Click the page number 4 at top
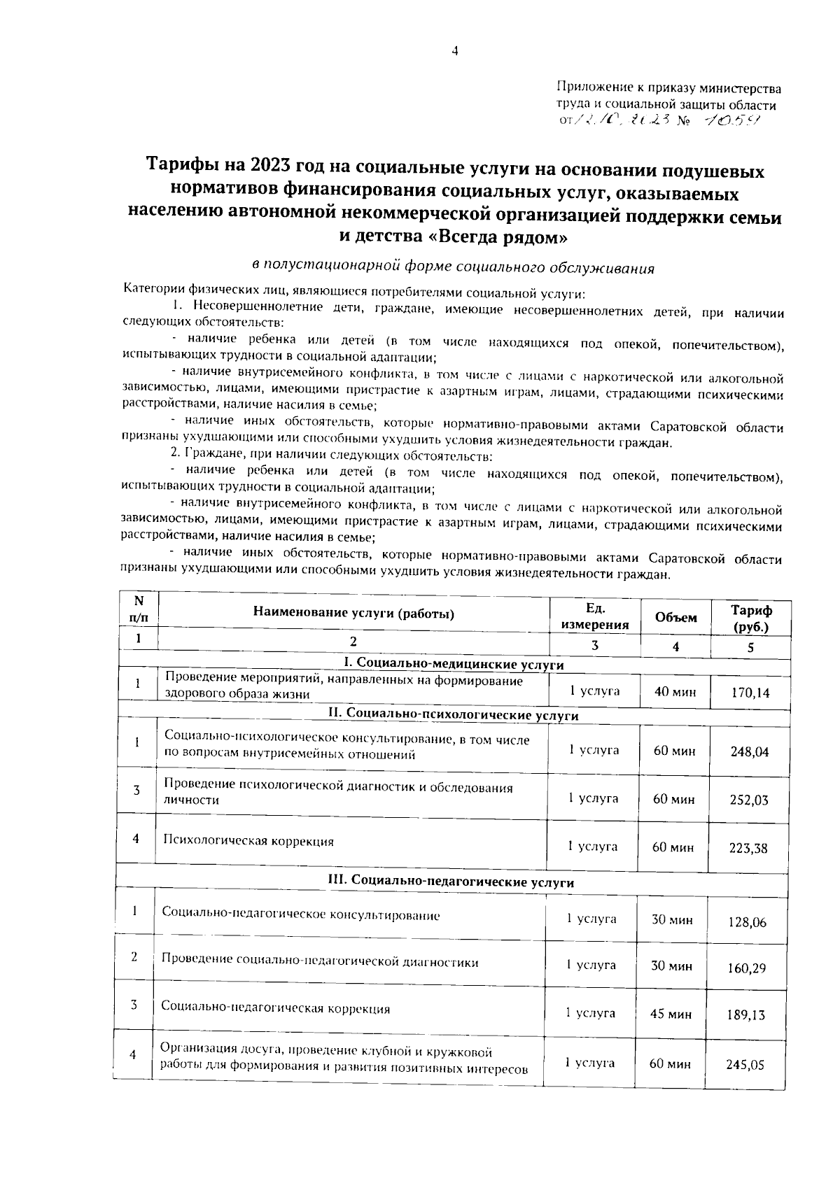point(455,51)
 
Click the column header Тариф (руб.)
point(751,618)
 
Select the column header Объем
point(675,618)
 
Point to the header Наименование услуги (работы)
point(353,614)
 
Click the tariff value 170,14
point(750,693)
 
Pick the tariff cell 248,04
point(749,752)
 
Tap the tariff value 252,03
point(748,800)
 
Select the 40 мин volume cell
point(675,692)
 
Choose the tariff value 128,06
point(747,922)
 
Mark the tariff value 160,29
point(746,968)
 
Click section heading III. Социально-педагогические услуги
point(451,882)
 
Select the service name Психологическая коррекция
point(248,841)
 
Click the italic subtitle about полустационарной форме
point(453,267)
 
